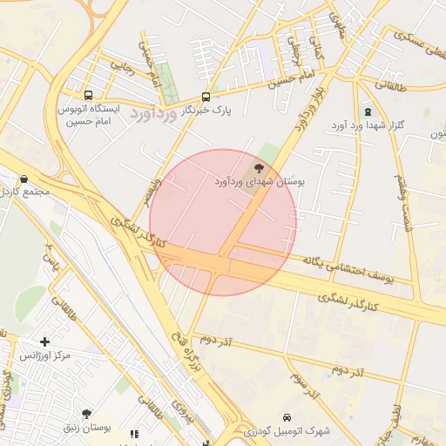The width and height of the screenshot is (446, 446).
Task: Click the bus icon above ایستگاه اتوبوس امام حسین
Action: pos(88,95)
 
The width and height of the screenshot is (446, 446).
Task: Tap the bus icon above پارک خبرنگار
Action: pos(206,97)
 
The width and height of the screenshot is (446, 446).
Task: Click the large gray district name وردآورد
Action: pos(153,112)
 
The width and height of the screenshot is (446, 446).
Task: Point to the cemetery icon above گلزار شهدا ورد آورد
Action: pos(367,112)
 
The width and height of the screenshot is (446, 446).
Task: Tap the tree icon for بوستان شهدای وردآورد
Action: pos(259,167)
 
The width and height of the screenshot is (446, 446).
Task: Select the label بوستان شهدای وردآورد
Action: pos(260,181)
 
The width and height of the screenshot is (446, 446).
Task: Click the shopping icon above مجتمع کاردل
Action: pos(24,179)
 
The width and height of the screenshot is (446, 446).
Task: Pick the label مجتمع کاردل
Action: pos(27,192)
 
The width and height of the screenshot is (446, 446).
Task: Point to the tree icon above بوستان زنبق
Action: pos(86,414)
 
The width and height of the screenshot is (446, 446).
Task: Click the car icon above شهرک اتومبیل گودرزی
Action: pos(287,416)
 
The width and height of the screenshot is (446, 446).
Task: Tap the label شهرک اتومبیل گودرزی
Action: pos(287,430)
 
